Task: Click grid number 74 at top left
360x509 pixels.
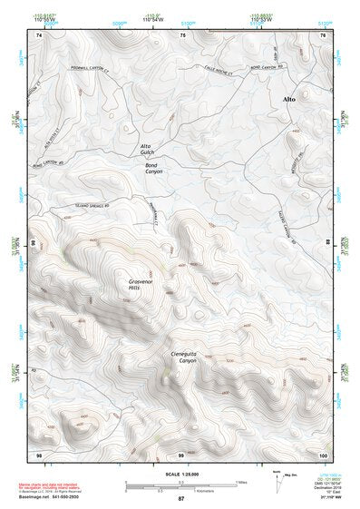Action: pos(38,34)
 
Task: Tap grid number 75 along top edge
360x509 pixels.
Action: pos(182,34)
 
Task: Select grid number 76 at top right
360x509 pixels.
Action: pos(323,34)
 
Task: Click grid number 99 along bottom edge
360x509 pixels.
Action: pos(181,454)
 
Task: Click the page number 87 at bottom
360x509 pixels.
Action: pos(180,500)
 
